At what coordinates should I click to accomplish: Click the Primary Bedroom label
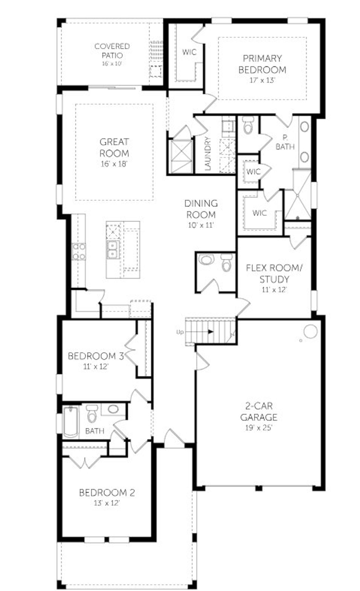(262, 64)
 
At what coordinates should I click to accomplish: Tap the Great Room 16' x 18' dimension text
(114, 164)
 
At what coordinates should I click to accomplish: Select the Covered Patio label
(112, 51)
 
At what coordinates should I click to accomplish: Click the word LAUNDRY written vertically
(208, 153)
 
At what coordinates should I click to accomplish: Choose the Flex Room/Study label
(274, 273)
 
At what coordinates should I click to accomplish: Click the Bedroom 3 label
(96, 356)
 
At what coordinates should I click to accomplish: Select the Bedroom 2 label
(107, 493)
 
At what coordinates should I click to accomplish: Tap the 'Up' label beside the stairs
(180, 332)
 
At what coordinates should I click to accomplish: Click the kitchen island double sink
(113, 250)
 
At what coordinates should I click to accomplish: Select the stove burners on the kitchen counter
(78, 252)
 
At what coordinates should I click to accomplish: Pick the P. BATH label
(285, 142)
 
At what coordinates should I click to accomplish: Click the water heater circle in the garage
(310, 332)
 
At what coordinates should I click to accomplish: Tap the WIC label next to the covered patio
(189, 52)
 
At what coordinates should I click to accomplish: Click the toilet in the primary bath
(248, 126)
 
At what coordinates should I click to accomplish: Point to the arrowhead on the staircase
(210, 332)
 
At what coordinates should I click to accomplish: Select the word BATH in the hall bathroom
(94, 431)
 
